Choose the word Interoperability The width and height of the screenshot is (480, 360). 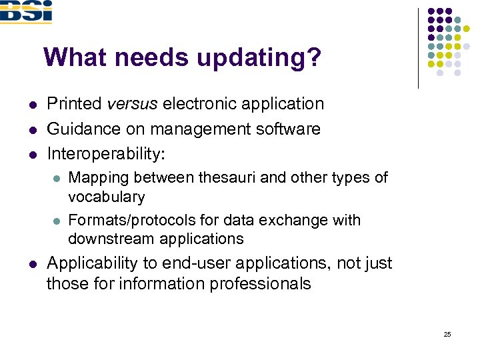pyautogui.click(x=105, y=153)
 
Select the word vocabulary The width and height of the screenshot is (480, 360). pyautogui.click(x=106, y=197)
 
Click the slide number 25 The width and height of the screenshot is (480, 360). pyautogui.click(x=447, y=334)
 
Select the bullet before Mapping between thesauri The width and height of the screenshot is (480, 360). pyautogui.click(x=57, y=179)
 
